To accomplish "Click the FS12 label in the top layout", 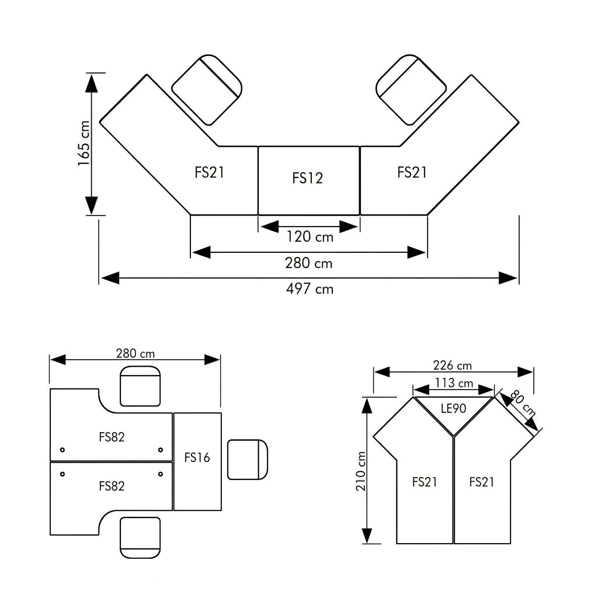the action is (307, 178).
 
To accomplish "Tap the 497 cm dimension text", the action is (310, 288).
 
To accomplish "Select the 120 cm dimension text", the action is (310, 237).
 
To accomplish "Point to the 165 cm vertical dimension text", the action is (84, 144).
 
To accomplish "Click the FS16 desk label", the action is (197, 457).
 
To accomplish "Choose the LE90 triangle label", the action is (453, 408).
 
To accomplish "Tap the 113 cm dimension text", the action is (454, 383).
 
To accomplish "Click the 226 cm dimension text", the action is (453, 366).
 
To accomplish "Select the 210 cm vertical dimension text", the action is (361, 471).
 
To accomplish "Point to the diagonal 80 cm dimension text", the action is (523, 403).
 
